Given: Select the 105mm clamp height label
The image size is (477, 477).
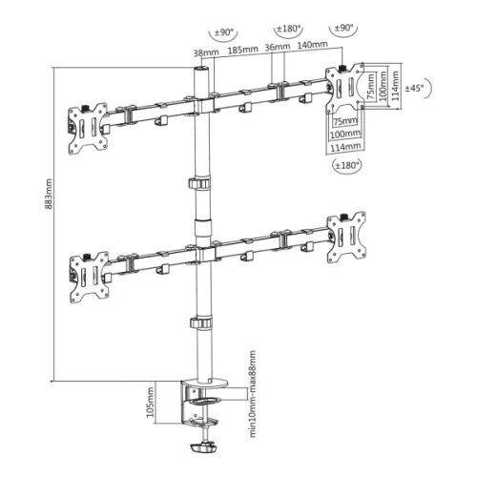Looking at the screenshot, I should point(153,402).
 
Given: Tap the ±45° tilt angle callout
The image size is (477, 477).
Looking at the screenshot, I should point(416,88).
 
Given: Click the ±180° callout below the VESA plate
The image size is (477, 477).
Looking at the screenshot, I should point(346,166).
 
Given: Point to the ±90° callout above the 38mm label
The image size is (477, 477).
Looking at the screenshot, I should point(224,32).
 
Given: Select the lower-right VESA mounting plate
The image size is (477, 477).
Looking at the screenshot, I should point(344,234).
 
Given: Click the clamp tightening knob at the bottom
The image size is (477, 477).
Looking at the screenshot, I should point(205,448).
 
